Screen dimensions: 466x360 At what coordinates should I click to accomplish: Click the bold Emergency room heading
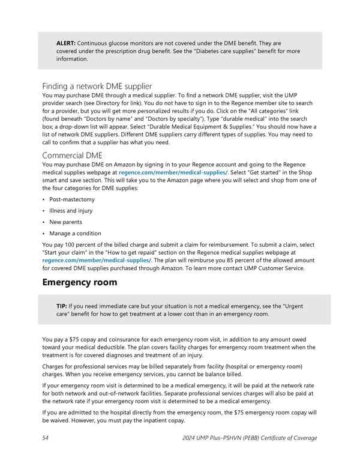83,282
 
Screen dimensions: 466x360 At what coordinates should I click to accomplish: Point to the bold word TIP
61,307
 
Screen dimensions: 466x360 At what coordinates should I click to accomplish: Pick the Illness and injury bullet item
71,211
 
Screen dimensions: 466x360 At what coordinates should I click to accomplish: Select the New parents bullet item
64,222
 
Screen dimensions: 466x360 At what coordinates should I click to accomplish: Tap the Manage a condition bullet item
76,234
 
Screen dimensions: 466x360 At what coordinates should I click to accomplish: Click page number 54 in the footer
46,438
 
